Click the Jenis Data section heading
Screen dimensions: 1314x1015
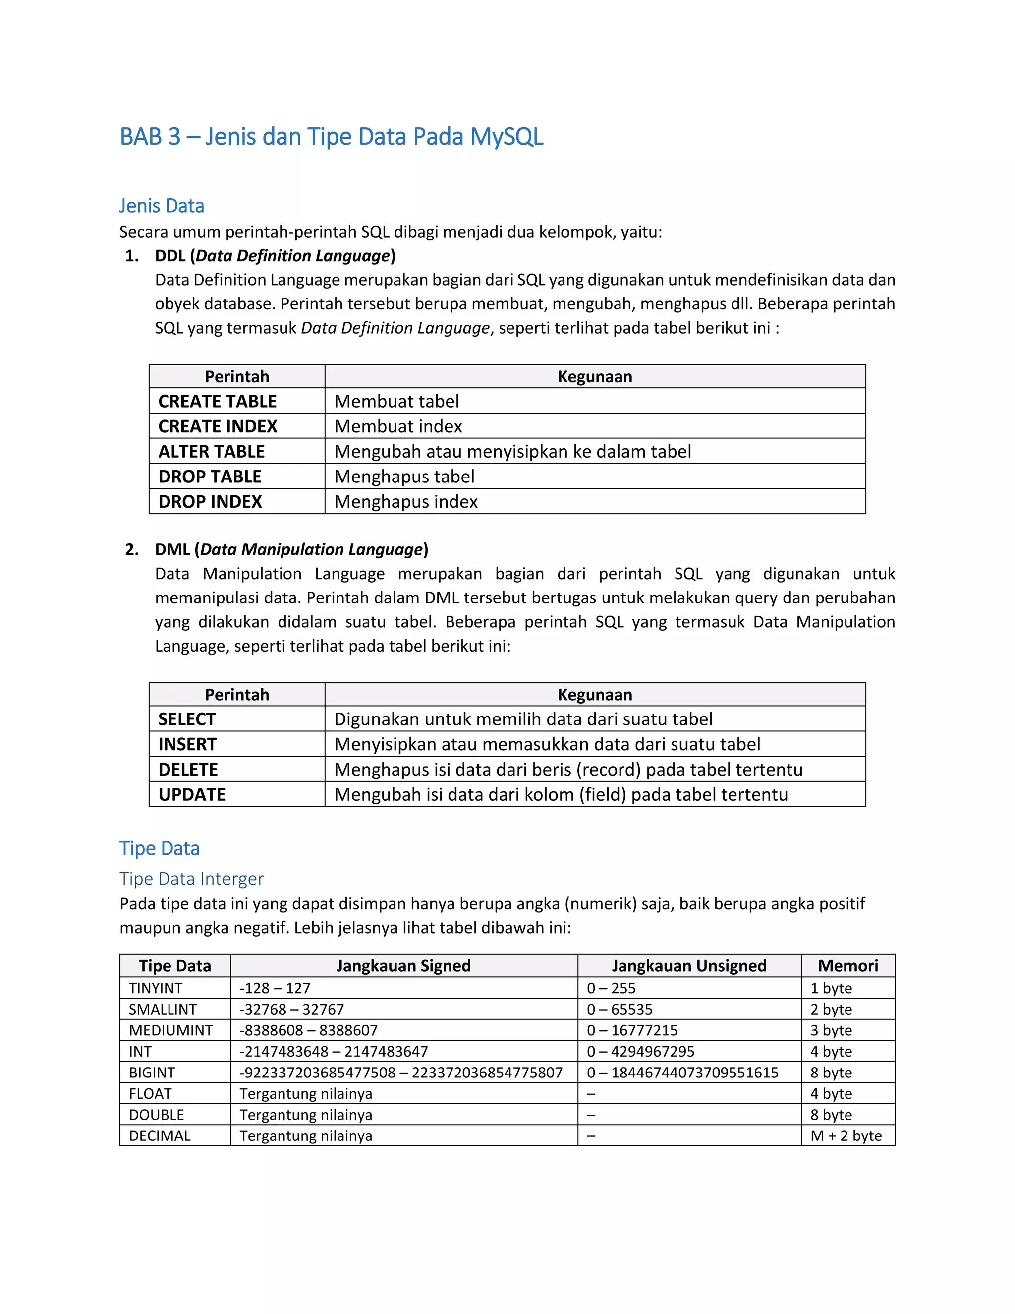161,206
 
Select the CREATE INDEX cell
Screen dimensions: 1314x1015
218,426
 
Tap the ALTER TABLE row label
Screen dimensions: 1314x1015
211,451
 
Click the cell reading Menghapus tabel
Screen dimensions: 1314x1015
404,477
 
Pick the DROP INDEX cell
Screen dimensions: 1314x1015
210,502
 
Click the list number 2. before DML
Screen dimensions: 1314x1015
132,549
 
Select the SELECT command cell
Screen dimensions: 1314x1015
186,719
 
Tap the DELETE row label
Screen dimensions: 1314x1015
188,770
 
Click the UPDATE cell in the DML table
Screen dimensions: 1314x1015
192,795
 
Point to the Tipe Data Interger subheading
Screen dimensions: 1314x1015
191,879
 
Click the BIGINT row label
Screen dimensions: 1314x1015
152,1072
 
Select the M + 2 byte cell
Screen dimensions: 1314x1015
846,1135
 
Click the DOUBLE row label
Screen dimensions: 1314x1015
156,1114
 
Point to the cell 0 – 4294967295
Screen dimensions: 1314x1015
640,1051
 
